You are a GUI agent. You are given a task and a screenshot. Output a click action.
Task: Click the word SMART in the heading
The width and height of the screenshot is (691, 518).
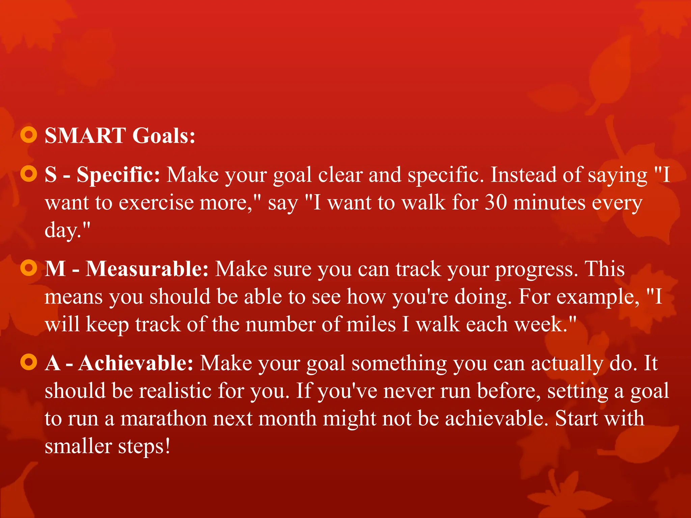pos(85,136)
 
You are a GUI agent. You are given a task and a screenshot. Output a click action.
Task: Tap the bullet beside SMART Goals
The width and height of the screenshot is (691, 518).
pos(29,135)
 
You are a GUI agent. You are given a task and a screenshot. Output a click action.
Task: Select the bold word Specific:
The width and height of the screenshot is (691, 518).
pos(118,175)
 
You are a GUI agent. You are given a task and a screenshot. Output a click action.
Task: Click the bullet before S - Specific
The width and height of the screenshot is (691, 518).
pos(29,174)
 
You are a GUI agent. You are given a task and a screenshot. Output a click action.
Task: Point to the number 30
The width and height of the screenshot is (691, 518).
pos(496,203)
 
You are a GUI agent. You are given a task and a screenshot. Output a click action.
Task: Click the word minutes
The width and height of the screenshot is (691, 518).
pos(549,203)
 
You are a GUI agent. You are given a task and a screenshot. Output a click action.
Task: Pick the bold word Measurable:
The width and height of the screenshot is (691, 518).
pos(147,269)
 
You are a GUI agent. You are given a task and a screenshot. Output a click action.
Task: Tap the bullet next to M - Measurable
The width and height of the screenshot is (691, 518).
pos(29,268)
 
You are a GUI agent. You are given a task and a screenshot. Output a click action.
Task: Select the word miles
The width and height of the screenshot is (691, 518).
pos(371,324)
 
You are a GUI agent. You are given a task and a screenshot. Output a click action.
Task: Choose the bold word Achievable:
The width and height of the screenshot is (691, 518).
pos(136,363)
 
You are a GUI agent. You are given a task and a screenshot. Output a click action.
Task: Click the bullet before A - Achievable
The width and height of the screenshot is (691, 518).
pos(29,363)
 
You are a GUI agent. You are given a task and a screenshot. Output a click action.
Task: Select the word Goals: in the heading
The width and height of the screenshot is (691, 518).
pos(164,136)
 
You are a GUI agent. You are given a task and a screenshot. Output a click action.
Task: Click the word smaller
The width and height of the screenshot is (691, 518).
pos(78,446)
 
